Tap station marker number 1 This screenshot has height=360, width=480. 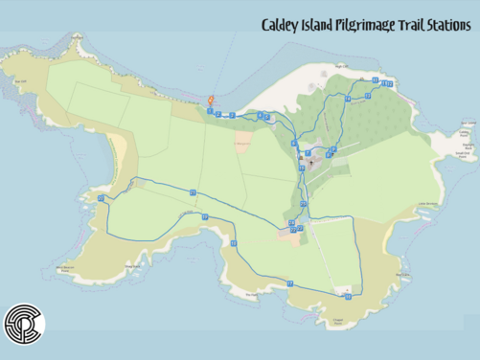(x=210, y=111)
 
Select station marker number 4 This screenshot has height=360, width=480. (x=261, y=115)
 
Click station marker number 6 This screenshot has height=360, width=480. (x=294, y=144)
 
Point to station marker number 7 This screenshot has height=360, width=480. (x=309, y=153)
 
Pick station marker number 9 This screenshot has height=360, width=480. (x=333, y=149)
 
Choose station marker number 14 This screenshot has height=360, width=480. (x=348, y=99)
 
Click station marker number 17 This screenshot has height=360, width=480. (x=290, y=284)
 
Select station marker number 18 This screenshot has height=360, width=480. (x=234, y=243)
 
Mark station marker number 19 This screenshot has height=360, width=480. (x=204, y=216)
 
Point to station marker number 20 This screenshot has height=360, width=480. (x=100, y=198)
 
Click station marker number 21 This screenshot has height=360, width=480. (x=193, y=192)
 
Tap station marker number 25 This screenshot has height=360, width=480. (x=303, y=204)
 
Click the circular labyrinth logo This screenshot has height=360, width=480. (x=24, y=326)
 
